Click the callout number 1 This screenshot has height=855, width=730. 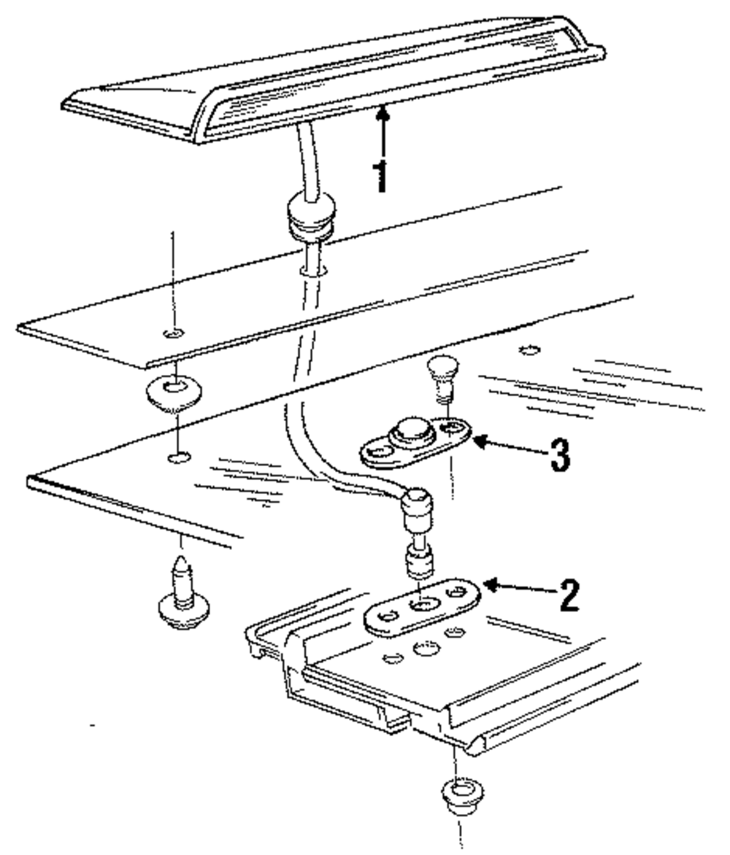(380, 175)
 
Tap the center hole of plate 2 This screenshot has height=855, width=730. (423, 604)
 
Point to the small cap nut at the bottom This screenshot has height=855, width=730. (458, 794)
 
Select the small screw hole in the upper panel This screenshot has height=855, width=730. (174, 334)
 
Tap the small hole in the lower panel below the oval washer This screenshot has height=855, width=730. (178, 458)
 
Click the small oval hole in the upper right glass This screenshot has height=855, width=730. (530, 349)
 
